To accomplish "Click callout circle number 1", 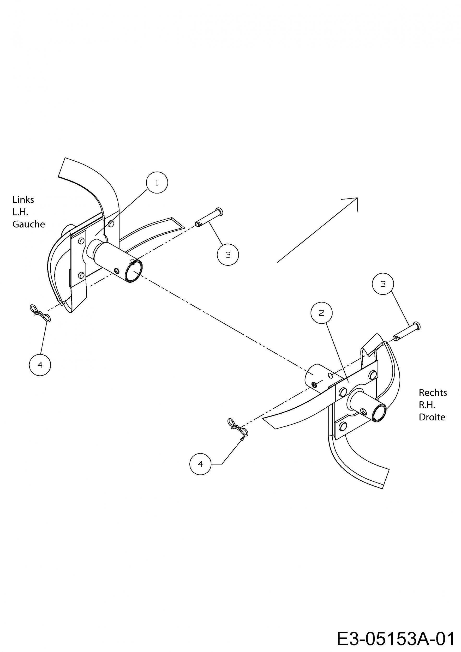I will pyautogui.click(x=157, y=183).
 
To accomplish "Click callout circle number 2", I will pyautogui.click(x=321, y=313).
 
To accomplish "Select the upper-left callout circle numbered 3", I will pyautogui.click(x=228, y=255).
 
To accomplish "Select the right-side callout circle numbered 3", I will pyautogui.click(x=383, y=284).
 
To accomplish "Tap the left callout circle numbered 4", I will pyautogui.click(x=40, y=365).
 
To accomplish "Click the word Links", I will pyautogui.click(x=23, y=200).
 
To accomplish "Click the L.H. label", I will pyautogui.click(x=20, y=212).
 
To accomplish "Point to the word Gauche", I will pyautogui.click(x=29, y=224).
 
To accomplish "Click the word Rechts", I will pyautogui.click(x=433, y=393).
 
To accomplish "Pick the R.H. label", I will pyautogui.click(x=427, y=405).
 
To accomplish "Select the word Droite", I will pyautogui.click(x=432, y=417).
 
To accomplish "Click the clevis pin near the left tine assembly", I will pyautogui.click(x=209, y=218).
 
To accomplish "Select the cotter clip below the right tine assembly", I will pyautogui.click(x=238, y=427).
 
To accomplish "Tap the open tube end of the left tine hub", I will pyautogui.click(x=134, y=272).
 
